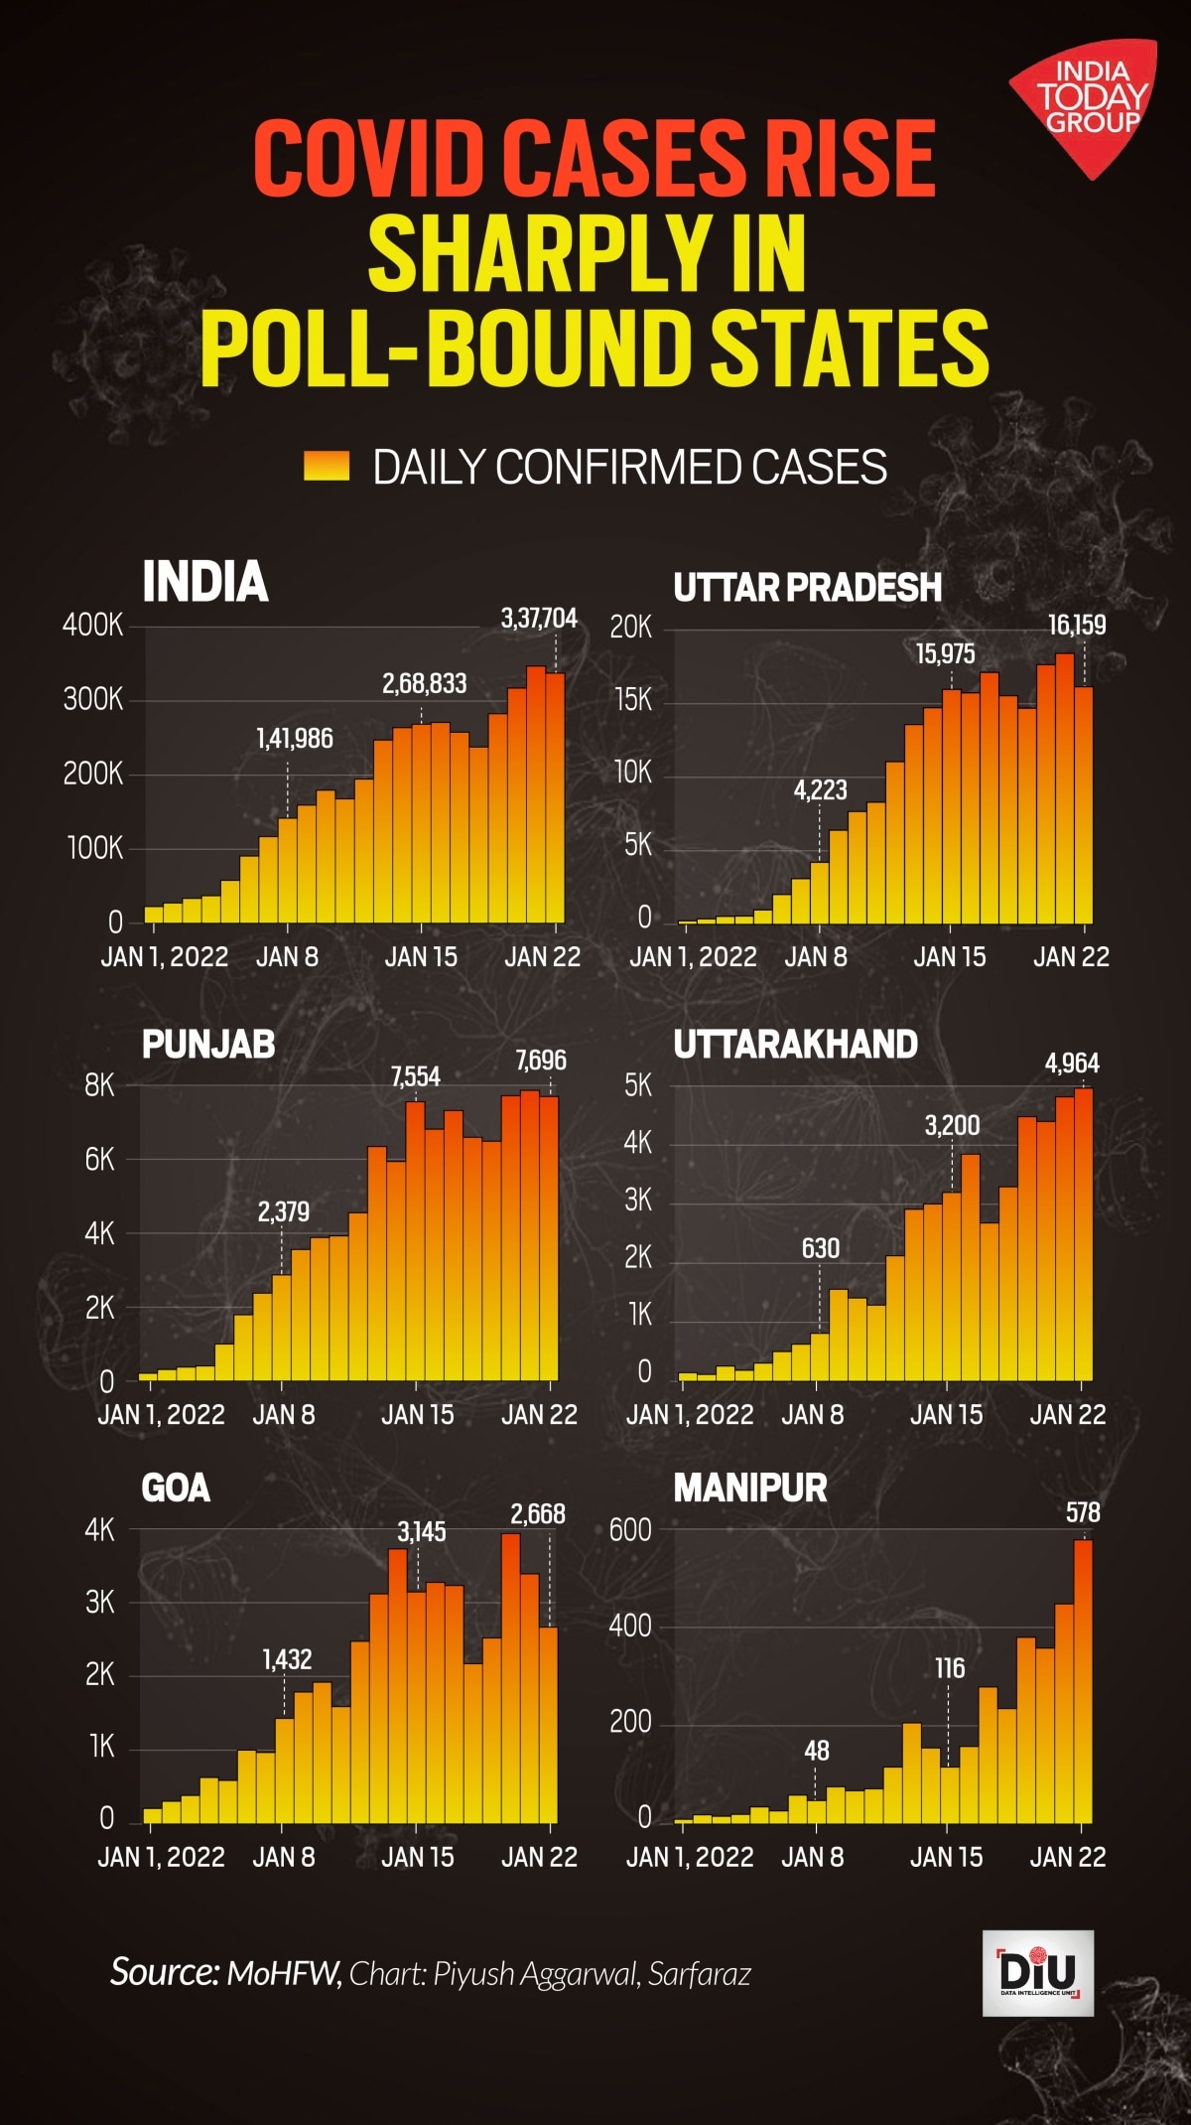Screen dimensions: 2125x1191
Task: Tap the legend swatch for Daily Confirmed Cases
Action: pos(327,466)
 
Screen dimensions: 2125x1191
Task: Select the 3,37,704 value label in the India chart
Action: pos(539,619)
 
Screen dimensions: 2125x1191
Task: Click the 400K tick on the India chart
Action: pos(93,626)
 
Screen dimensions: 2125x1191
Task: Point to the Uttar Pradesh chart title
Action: pos(807,587)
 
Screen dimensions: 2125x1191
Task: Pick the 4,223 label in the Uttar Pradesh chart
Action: pos(820,790)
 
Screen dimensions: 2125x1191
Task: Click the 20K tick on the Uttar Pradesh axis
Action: pos(631,628)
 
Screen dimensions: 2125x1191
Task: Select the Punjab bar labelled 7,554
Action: pos(416,1241)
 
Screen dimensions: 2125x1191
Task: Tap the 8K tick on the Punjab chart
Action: pos(99,1085)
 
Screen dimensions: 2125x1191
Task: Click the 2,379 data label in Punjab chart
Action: pos(284,1211)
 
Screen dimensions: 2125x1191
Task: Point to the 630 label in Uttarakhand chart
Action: pos(821,1248)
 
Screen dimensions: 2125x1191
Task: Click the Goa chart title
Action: pos(176,1487)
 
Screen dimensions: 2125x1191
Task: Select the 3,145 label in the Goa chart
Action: pos(422,1531)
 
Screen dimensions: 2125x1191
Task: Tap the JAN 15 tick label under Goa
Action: pos(418,1856)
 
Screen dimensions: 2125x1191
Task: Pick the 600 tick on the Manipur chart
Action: pos(630,1529)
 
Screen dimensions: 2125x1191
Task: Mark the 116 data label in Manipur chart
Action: pos(950,1668)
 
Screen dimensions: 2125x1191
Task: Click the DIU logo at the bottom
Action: pos(1037,1973)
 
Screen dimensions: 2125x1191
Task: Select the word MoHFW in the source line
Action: pos(284,1973)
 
